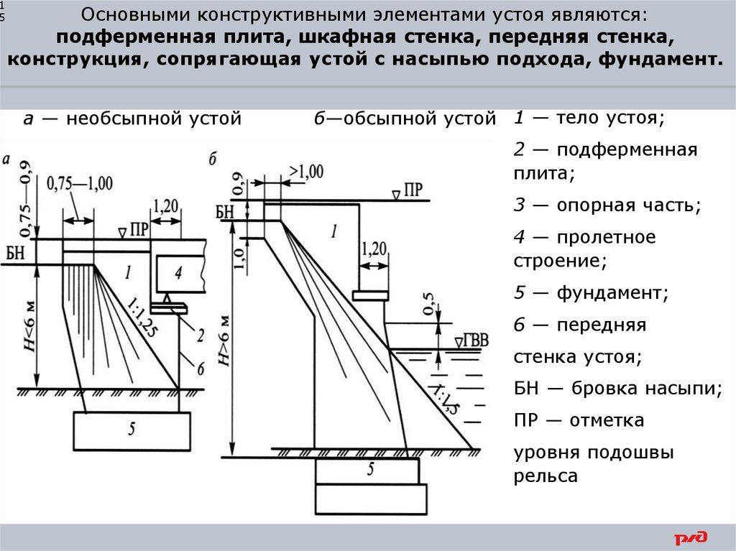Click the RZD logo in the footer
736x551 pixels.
pos(691,537)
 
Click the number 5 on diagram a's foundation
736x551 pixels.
pos(132,430)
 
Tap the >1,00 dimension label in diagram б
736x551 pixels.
pos(305,172)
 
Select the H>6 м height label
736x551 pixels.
pos(224,341)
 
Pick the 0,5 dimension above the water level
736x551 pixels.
pos(429,304)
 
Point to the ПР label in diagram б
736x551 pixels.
pos(413,190)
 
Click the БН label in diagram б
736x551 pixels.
pos(225,211)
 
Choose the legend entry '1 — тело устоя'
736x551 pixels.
pos(589,119)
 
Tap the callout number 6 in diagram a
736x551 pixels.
pos(201,368)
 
